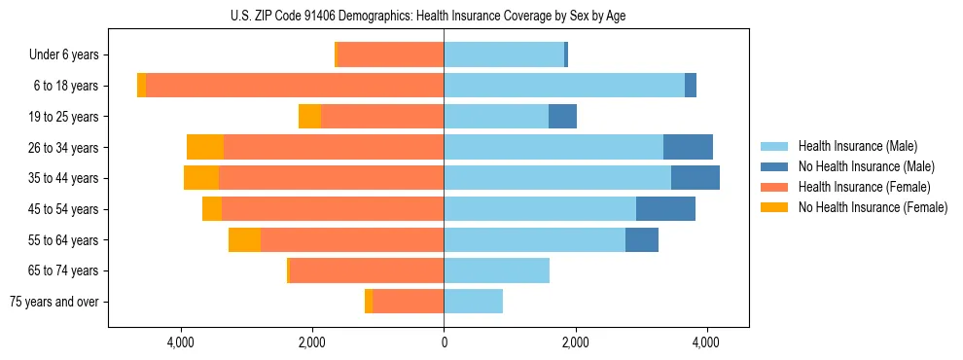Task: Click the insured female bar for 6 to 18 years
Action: [292, 86]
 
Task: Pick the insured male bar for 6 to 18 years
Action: [564, 86]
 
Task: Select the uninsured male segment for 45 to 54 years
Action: [665, 209]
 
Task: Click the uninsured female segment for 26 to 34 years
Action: [205, 147]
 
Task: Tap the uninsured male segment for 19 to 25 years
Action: [562, 117]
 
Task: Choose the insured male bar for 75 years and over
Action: [473, 302]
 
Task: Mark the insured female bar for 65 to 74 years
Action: [367, 270]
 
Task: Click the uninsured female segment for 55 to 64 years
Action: [244, 239]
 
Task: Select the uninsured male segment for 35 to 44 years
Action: [695, 178]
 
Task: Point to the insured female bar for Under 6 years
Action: [390, 54]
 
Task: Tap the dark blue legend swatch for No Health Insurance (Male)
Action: [774, 166]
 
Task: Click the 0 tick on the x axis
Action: [444, 342]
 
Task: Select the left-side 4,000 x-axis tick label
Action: [182, 342]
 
